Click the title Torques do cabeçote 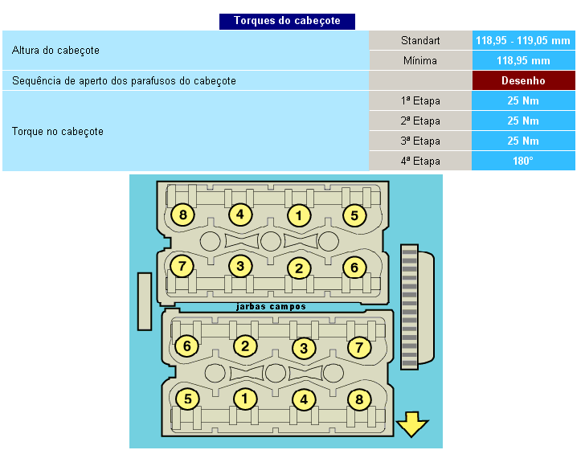[x=287, y=22]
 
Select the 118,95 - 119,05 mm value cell [x=523, y=40]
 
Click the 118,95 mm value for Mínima [x=523, y=60]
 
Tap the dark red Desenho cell [x=523, y=80]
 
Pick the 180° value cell [x=523, y=161]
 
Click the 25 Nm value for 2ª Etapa [x=523, y=121]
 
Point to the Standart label [x=420, y=40]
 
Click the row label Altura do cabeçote [x=56, y=51]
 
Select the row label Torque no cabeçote [x=58, y=131]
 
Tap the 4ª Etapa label [x=420, y=161]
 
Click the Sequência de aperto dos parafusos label [x=124, y=80]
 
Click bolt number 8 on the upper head [x=183, y=215]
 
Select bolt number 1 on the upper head [x=299, y=215]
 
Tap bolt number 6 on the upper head [x=354, y=267]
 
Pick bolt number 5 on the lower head [x=187, y=399]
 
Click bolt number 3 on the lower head [x=303, y=348]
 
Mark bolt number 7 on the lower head [x=359, y=347]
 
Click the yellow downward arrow [x=413, y=423]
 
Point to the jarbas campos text [x=271, y=306]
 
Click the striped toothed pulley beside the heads [x=410, y=307]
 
